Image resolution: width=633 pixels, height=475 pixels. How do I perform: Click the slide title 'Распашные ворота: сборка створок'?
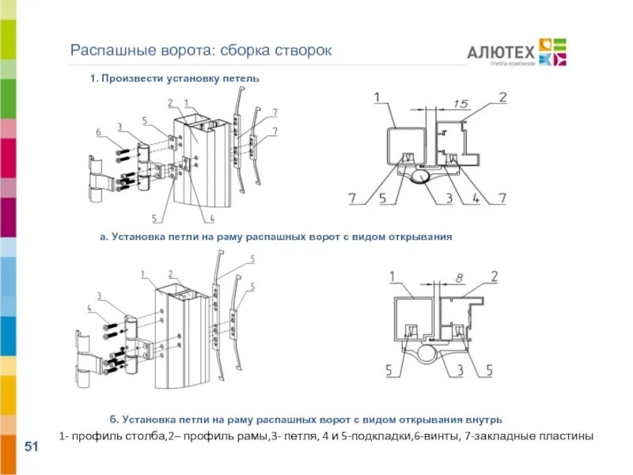tap(202, 51)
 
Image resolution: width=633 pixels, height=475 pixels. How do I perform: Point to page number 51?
tap(32, 448)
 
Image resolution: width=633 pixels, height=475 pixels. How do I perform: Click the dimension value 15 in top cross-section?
tap(462, 103)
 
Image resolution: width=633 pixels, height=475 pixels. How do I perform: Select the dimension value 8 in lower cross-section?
tap(460, 277)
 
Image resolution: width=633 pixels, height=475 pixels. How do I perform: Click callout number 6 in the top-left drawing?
tap(98, 132)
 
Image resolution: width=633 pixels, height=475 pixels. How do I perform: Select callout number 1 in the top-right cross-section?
tap(377, 97)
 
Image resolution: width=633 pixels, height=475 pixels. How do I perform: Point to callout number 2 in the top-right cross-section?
tap(502, 97)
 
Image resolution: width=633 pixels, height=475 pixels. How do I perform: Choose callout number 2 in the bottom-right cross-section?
tap(493, 275)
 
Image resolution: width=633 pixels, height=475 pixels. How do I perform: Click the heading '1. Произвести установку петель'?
tap(174, 78)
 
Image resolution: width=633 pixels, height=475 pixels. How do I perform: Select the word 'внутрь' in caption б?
tap(482, 419)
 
